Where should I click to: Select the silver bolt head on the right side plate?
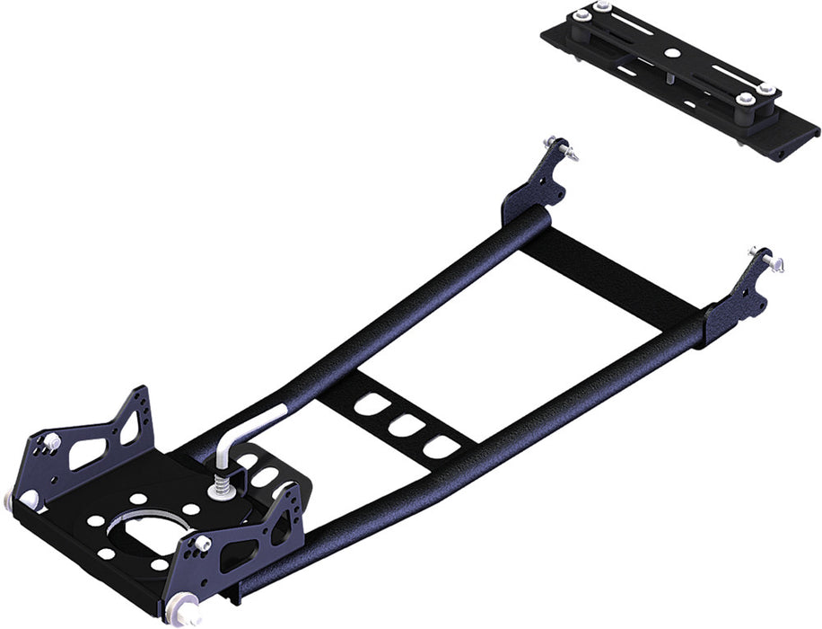203,543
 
